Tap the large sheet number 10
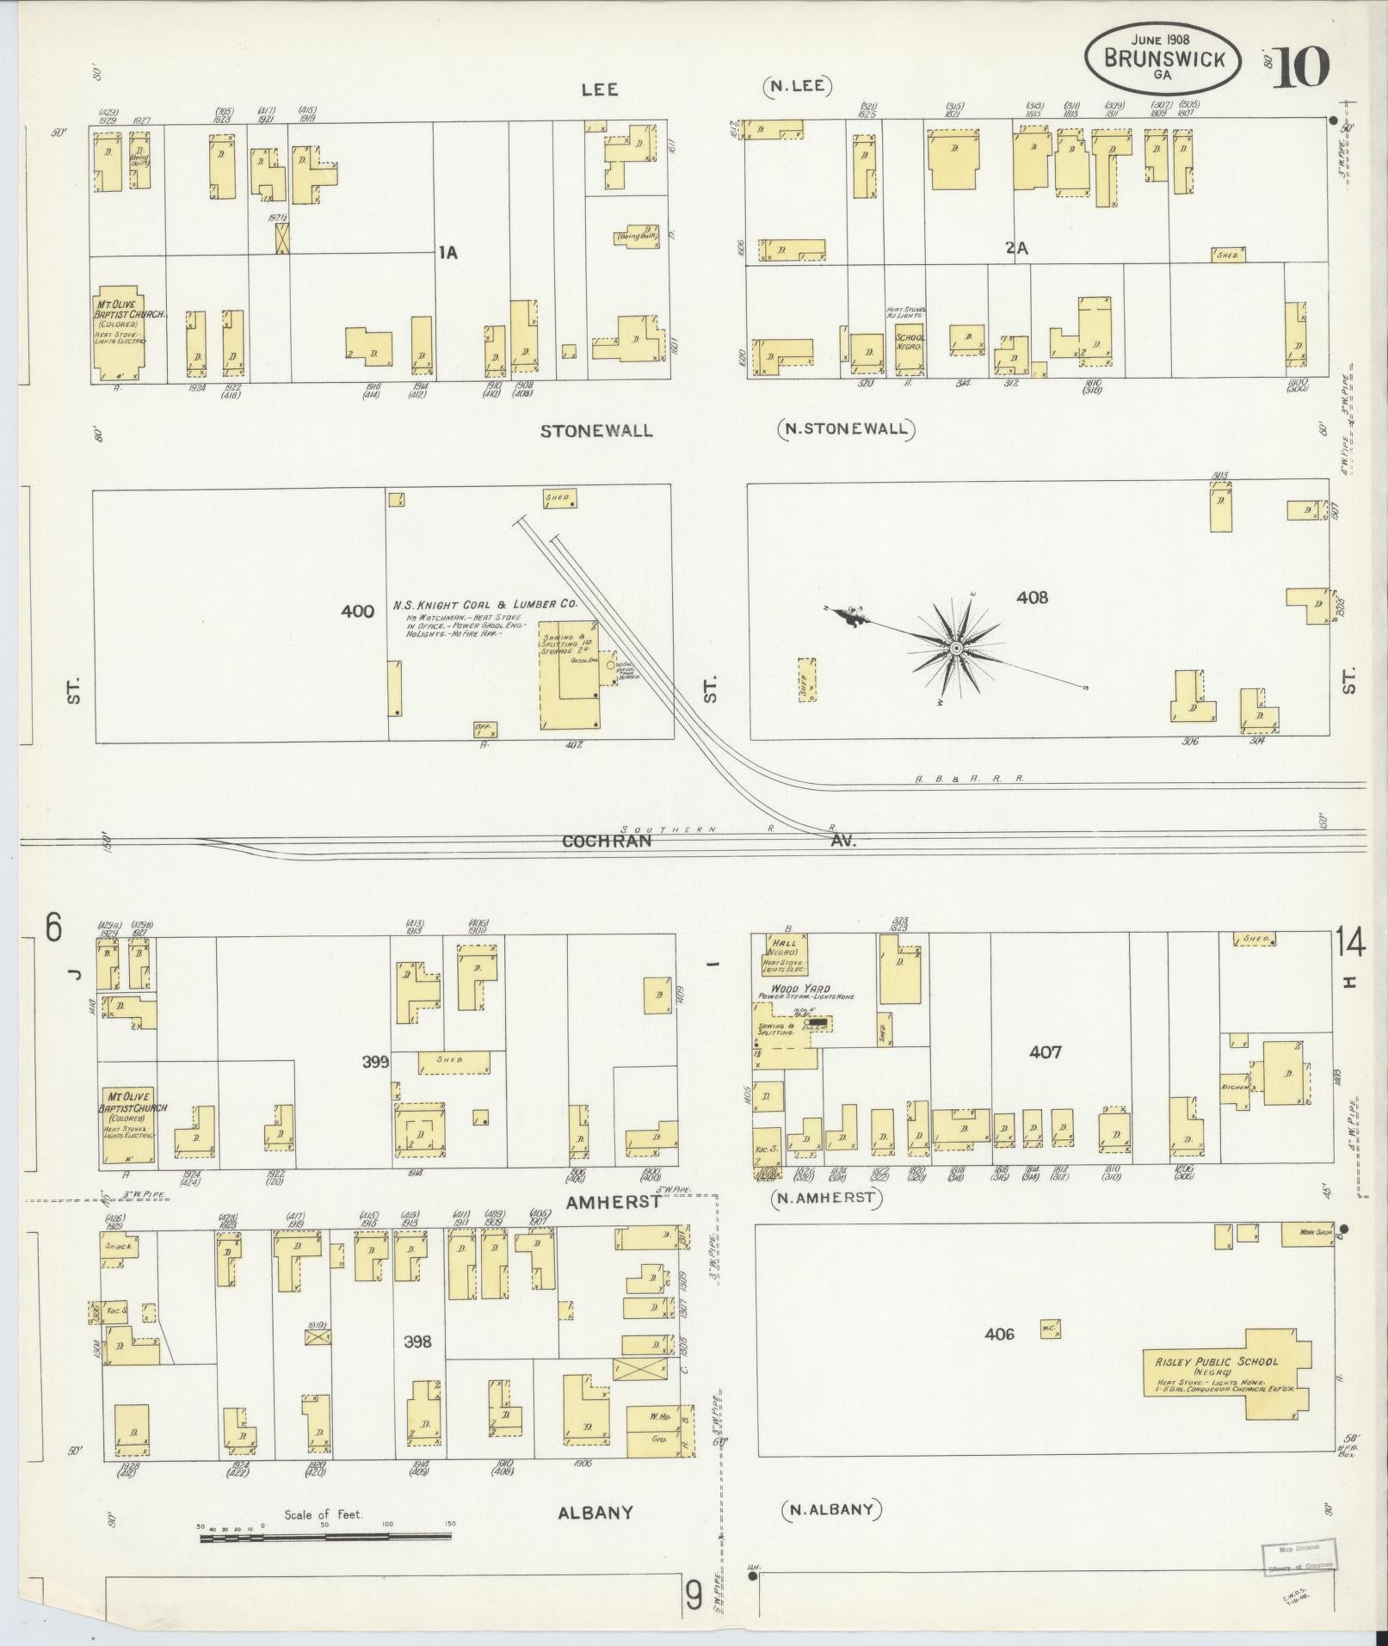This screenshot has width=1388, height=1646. click(1301, 68)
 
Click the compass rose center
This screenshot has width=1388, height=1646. click(955, 647)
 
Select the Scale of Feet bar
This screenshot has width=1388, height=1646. click(327, 1537)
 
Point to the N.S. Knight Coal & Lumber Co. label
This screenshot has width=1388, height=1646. click(484, 605)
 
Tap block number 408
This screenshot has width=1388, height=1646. click(1032, 597)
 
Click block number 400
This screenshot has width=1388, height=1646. click(357, 612)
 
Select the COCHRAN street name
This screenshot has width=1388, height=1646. click(607, 841)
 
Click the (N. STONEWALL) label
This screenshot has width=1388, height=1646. click(846, 428)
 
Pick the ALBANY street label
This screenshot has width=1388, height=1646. click(595, 1512)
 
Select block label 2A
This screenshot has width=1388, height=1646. click(1018, 248)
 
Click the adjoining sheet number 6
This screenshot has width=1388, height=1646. click(53, 928)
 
